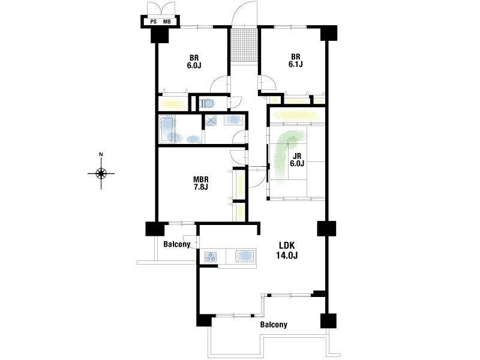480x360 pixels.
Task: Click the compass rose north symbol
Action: pos(101,173)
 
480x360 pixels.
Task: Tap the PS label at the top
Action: pos(154,22)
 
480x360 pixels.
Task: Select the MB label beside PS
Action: pos(167,22)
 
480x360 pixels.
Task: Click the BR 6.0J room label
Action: pos(194,62)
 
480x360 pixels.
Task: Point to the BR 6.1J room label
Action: pos(295,61)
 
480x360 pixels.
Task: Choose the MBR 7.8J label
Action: pos(200,183)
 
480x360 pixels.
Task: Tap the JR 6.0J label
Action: pos(297,160)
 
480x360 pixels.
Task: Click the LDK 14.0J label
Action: pos(287,250)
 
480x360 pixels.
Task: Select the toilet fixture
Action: pos(208,103)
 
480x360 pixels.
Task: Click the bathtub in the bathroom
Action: pos(167,128)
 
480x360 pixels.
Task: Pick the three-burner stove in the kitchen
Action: pos(211,257)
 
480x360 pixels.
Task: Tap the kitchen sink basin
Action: pos(245,256)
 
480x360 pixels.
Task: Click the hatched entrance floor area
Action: pos(244,46)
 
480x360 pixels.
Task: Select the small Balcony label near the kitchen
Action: pos(176,244)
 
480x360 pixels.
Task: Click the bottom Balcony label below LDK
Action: pos(274,325)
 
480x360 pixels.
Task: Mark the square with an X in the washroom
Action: pos(211,120)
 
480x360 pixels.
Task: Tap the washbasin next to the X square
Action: pos(233,119)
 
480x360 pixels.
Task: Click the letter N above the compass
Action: pos(101,154)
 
